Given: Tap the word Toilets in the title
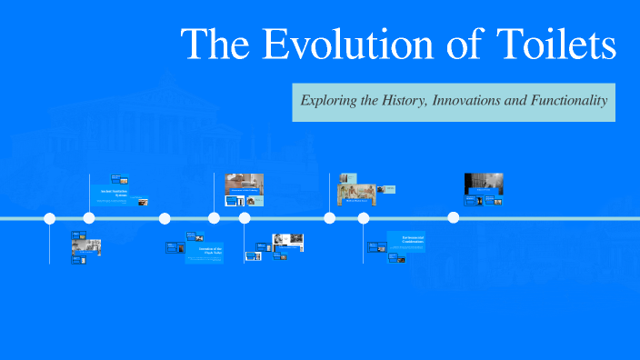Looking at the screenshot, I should (x=558, y=45).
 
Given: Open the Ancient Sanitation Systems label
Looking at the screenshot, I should (x=115, y=194).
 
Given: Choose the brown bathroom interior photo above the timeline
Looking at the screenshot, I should (x=244, y=183).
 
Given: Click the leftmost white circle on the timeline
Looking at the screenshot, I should (x=50, y=218).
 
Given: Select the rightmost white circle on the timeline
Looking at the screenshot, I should (x=454, y=218).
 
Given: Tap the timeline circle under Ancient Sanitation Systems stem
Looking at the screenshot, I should (x=89, y=218).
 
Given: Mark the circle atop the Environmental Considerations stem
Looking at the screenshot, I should (x=364, y=218).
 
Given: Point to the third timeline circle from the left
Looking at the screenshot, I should (x=165, y=218).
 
